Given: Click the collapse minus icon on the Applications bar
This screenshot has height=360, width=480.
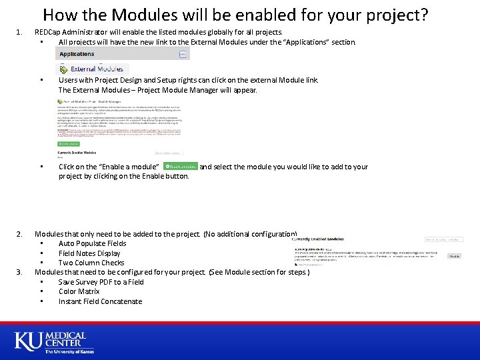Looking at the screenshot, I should pyautogui.click(x=183, y=54).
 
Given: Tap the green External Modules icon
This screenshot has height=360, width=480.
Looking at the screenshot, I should pyautogui.click(x=65, y=68).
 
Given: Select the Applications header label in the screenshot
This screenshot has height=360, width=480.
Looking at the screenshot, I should pyautogui.click(x=77, y=54).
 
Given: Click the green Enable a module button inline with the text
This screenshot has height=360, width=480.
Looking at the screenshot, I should pyautogui.click(x=181, y=166).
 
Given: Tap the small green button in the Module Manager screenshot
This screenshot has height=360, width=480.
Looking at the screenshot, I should pyautogui.click(x=69, y=143).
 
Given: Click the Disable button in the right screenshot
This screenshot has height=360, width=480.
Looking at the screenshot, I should pyautogui.click(x=454, y=255).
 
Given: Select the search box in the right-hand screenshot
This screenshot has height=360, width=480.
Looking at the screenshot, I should pyautogui.click(x=444, y=239).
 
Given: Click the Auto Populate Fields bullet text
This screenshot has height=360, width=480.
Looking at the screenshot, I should pyautogui.click(x=92, y=243).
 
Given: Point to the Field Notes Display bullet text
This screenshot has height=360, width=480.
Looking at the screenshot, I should pyautogui.click(x=89, y=253).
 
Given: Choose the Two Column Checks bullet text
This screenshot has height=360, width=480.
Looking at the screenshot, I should pyautogui.click(x=91, y=263).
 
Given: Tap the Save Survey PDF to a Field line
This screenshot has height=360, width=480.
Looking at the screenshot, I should pyautogui.click(x=101, y=282).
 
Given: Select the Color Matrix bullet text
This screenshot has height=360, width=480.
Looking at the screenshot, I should pyautogui.click(x=79, y=291).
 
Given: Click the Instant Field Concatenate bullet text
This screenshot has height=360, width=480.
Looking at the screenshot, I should pyautogui.click(x=100, y=301).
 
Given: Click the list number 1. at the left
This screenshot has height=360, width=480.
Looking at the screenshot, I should pyautogui.click(x=19, y=31).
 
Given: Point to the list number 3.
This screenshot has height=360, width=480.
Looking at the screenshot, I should pyautogui.click(x=19, y=272).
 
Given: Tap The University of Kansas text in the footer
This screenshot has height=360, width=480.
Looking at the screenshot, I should pyautogui.click(x=69, y=351).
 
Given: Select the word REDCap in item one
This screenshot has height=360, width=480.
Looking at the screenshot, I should pyautogui.click(x=48, y=31).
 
